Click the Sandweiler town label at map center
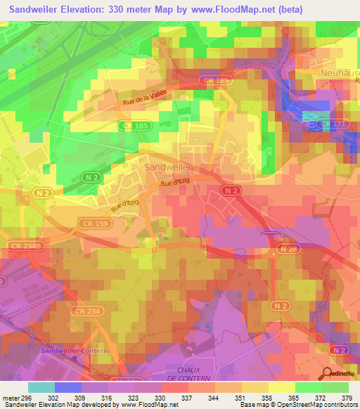pos(168,169)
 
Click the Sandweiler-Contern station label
pos(75,351)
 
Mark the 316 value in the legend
pos(109,398)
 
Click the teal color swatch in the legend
pos(41,387)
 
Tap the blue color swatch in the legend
pos(68,387)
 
